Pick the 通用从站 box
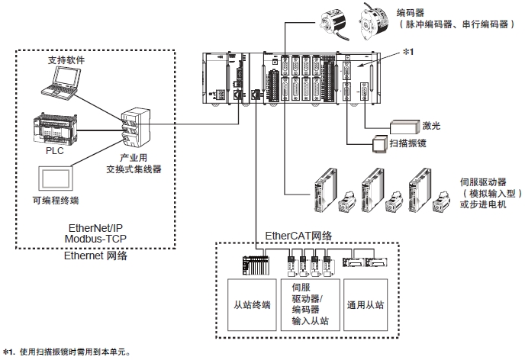(x=366, y=304)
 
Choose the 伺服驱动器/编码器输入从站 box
(x=309, y=304)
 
